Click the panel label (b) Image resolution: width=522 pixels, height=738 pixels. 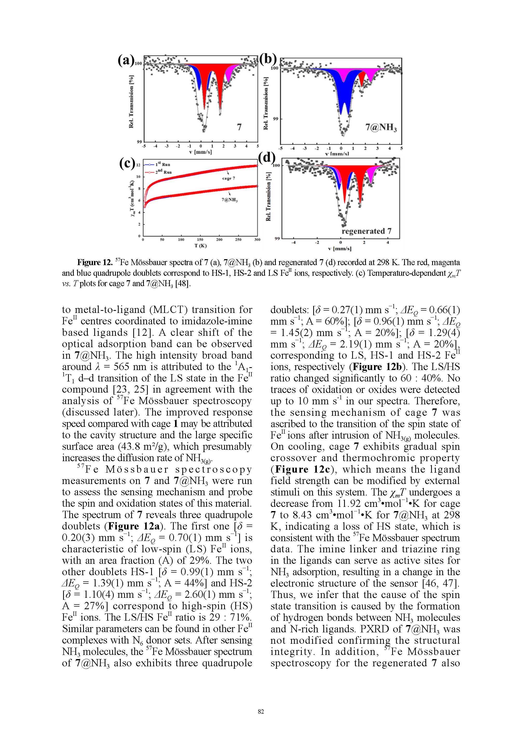pos(268,60)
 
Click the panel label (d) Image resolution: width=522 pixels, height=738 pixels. pos(267,158)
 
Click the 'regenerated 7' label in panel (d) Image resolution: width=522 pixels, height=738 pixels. pos(366,231)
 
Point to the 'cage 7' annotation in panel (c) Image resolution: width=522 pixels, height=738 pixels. pos(229,178)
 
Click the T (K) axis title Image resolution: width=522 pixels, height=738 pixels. pos(200,246)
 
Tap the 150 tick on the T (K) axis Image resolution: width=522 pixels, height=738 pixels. pos(200,240)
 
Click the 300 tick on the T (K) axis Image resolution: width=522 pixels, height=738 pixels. pos(257,240)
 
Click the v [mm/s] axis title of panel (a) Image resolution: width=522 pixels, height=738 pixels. pos(200,152)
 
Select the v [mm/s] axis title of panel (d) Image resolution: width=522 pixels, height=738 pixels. pos(340,249)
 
